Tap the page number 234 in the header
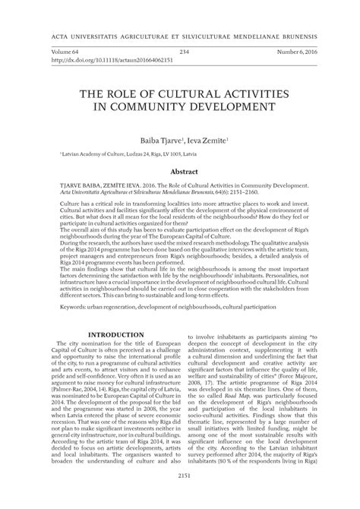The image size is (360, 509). click(183, 52)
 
